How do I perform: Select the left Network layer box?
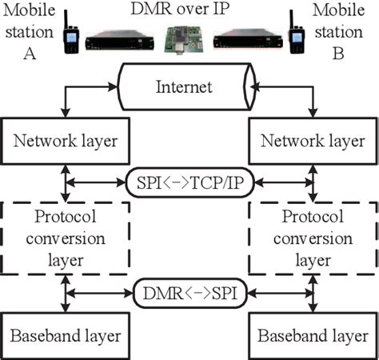(x=64, y=140)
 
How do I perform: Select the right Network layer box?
(x=313, y=140)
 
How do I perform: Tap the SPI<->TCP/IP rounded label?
(x=189, y=183)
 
